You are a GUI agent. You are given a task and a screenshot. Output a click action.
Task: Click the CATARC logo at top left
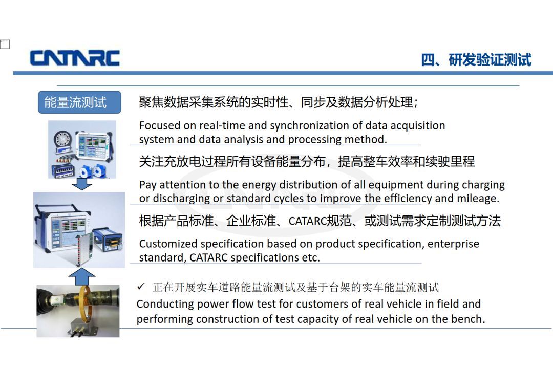75,58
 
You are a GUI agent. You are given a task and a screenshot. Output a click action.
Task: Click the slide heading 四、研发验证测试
476,60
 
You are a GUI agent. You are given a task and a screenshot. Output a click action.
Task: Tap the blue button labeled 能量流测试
79,102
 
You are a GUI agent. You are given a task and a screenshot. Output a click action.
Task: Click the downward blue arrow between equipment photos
82,184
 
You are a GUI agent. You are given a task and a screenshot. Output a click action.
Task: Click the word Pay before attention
148,185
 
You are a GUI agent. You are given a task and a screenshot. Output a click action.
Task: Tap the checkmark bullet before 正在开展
141,286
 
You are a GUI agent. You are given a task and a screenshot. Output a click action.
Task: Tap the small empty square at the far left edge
5,44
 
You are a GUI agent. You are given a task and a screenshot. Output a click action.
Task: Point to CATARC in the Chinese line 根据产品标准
308,221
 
